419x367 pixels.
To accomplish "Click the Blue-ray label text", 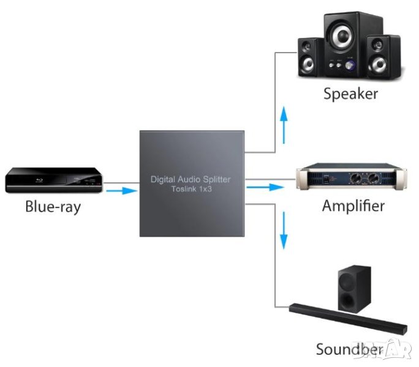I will (x=53, y=206).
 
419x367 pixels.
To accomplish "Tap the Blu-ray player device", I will (x=54, y=180).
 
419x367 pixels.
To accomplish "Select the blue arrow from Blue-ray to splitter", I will (x=119, y=191).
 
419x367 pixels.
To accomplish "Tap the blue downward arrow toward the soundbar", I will (x=283, y=229).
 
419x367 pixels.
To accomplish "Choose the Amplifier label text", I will (x=353, y=206).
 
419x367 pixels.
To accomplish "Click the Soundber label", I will (x=350, y=349).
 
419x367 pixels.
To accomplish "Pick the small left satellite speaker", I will (x=309, y=57).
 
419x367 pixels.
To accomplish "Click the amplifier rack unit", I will (x=351, y=179).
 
